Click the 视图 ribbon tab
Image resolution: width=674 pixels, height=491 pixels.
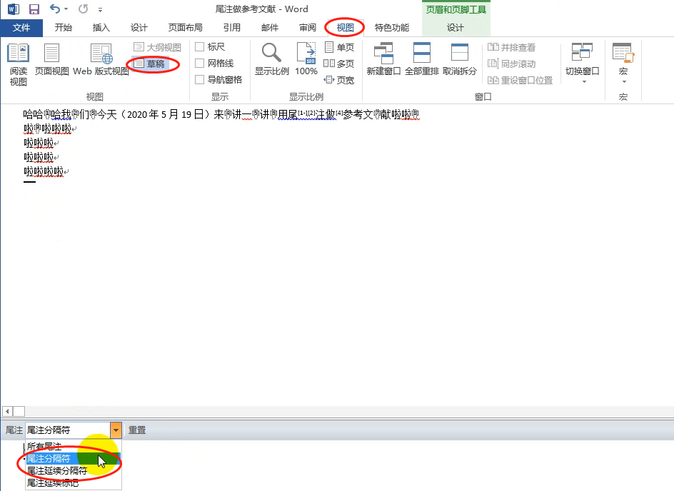pyautogui.click(x=345, y=28)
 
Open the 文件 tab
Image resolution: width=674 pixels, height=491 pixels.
pyautogui.click(x=21, y=28)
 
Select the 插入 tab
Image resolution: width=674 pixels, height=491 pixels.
pyautogui.click(x=101, y=28)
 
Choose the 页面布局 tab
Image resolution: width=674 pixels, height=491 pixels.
pyautogui.click(x=185, y=28)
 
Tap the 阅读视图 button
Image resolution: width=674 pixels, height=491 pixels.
pyautogui.click(x=19, y=64)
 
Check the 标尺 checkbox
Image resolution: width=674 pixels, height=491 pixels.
pyautogui.click(x=200, y=47)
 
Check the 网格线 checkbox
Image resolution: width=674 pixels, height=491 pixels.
pyautogui.click(x=200, y=64)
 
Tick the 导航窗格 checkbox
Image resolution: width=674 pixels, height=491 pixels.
pyautogui.click(x=200, y=80)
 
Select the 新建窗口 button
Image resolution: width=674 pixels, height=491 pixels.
pyautogui.click(x=383, y=59)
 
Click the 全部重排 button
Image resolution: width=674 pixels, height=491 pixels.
pyautogui.click(x=422, y=59)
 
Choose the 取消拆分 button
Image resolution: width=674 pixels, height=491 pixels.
pyautogui.click(x=460, y=59)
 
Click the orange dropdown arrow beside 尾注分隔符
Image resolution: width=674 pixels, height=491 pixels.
pyautogui.click(x=116, y=430)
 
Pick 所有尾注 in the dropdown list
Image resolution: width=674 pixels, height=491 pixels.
pyautogui.click(x=44, y=446)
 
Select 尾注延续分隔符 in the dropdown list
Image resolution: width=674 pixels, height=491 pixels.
pyautogui.click(x=57, y=471)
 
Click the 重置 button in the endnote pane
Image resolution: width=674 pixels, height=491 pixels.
pyautogui.click(x=137, y=430)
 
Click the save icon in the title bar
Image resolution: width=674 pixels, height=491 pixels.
pyautogui.click(x=34, y=9)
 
